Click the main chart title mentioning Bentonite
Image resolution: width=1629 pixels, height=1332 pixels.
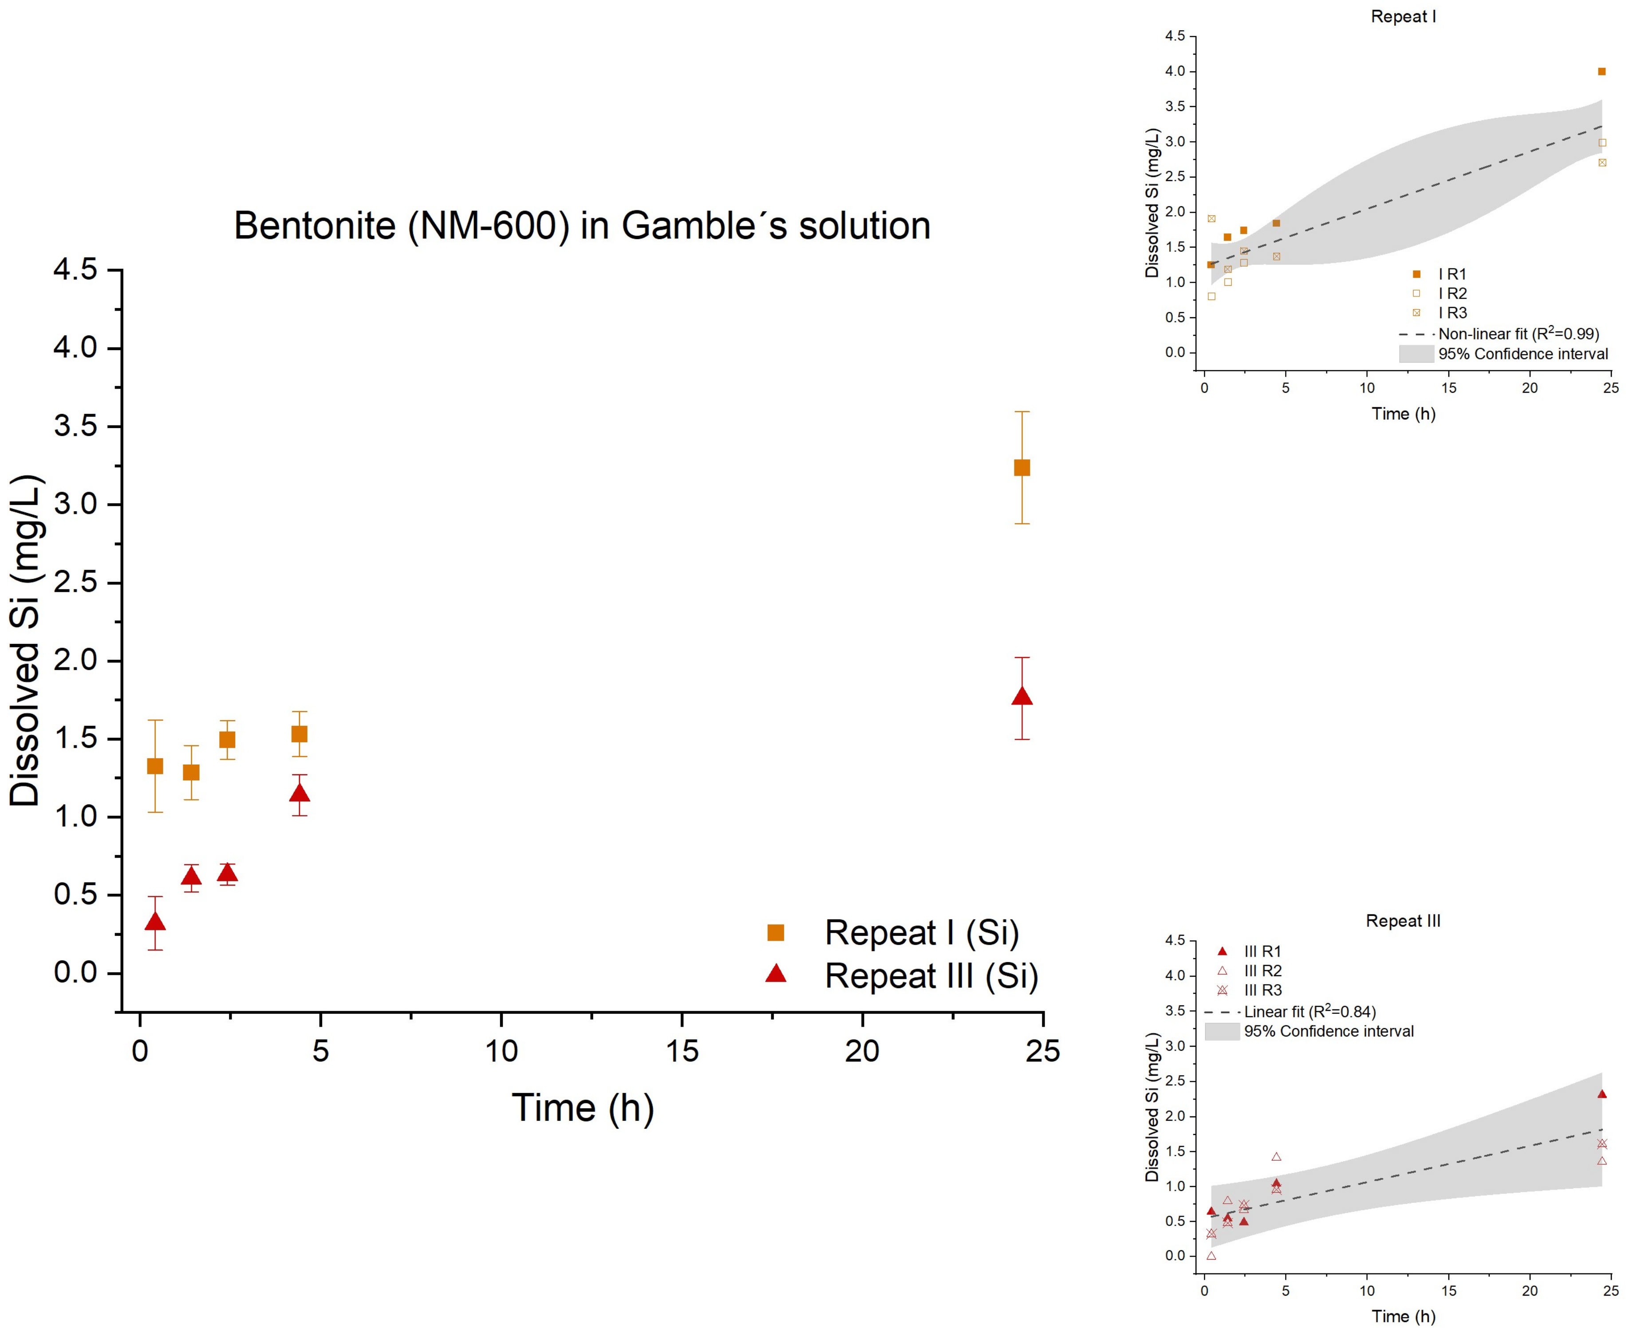pyautogui.click(x=582, y=226)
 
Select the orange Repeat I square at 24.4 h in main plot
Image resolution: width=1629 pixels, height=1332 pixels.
pyautogui.click(x=1022, y=468)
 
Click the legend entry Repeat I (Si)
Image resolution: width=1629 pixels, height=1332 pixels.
pyautogui.click(x=921, y=933)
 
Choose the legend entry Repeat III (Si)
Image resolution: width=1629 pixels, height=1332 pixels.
pyautogui.click(x=931, y=976)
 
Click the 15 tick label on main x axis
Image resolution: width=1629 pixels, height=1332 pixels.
pyautogui.click(x=681, y=1051)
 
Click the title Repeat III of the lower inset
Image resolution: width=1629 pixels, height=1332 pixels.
pyautogui.click(x=1403, y=921)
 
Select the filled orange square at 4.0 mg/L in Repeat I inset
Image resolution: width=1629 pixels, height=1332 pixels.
pyautogui.click(x=1601, y=71)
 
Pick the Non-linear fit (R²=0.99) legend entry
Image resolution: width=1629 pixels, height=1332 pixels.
pyautogui.click(x=1518, y=334)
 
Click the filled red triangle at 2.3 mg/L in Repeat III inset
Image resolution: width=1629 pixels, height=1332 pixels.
pyautogui.click(x=1601, y=1094)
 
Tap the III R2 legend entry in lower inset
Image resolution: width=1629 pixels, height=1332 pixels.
pyautogui.click(x=1262, y=971)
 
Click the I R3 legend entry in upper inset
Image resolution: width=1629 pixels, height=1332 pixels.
pyautogui.click(x=1452, y=312)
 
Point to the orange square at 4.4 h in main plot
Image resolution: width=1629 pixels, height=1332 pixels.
pyautogui.click(x=299, y=734)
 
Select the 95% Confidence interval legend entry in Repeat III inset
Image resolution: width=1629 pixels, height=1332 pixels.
pyautogui.click(x=1328, y=1031)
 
